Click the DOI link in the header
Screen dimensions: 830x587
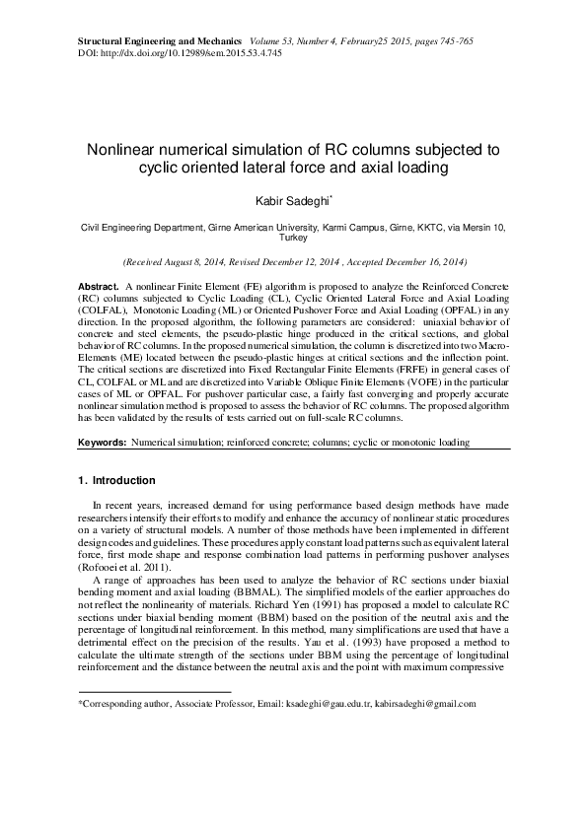[x=178, y=50]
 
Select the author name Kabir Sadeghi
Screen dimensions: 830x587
[x=292, y=201]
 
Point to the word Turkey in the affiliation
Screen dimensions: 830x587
[x=293, y=238]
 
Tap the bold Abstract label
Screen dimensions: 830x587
[x=98, y=285]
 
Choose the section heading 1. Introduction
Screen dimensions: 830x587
[x=116, y=481]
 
